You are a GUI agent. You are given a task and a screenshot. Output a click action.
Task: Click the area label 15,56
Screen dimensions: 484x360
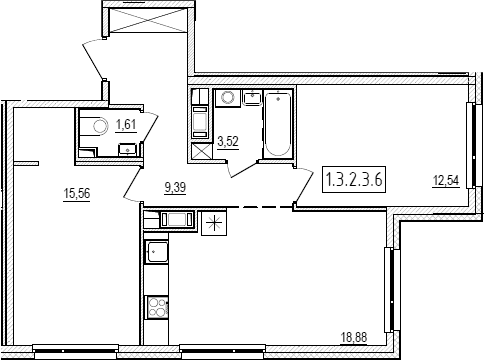[77, 193]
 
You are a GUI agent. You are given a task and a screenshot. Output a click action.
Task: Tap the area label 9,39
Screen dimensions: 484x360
[175, 188]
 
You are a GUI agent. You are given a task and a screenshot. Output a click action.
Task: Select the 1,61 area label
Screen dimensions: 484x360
[126, 125]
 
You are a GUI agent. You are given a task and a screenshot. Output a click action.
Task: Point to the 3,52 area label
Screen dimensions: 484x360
[228, 142]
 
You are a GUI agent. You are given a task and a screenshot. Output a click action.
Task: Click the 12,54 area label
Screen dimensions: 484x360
[446, 181]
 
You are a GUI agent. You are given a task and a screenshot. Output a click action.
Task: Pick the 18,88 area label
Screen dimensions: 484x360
[353, 337]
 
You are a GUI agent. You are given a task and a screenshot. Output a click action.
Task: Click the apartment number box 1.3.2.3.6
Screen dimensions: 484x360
[354, 179]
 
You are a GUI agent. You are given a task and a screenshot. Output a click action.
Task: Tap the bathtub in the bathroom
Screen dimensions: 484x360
[278, 124]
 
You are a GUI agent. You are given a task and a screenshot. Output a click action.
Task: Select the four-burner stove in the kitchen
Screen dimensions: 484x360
[157, 308]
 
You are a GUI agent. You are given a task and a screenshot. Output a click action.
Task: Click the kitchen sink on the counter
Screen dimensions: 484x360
[156, 252]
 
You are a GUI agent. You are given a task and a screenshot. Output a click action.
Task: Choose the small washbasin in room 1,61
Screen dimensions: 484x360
[128, 149]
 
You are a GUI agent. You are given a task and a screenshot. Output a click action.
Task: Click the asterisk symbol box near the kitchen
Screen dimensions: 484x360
[214, 223]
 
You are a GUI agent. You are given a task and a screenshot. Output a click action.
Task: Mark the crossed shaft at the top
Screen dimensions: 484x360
[148, 21]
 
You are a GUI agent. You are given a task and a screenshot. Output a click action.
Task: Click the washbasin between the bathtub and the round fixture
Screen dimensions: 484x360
[253, 97]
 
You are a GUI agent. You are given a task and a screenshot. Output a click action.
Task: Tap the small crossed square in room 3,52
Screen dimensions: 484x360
[202, 152]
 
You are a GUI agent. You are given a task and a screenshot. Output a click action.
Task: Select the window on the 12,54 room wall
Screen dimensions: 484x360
[470, 146]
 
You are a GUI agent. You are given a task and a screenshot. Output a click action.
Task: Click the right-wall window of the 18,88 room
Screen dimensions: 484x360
[389, 290]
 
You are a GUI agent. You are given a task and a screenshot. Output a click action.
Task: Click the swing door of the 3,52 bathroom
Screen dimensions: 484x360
[242, 169]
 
